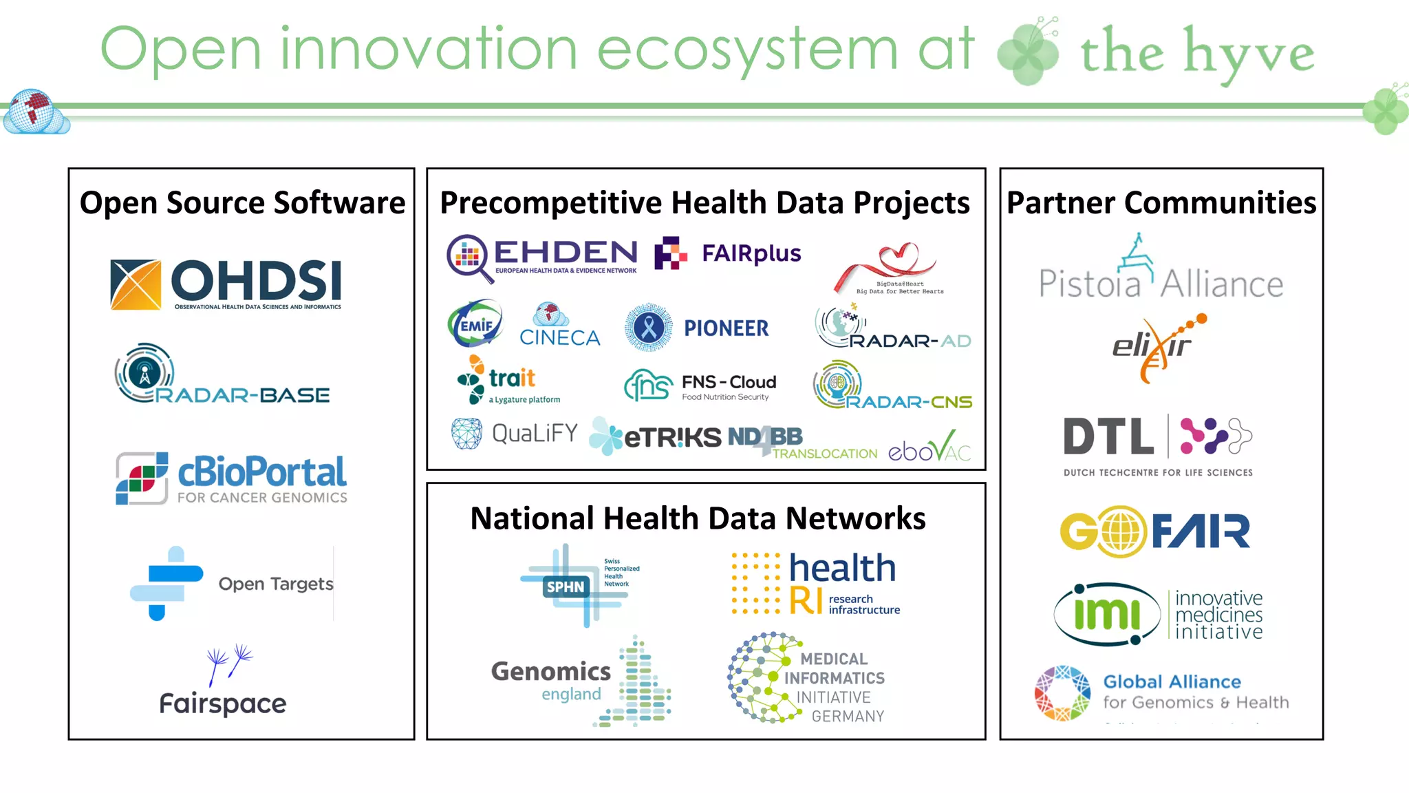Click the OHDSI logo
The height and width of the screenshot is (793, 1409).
point(226,284)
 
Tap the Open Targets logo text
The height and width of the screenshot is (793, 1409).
point(275,584)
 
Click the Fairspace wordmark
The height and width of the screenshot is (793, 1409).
point(222,704)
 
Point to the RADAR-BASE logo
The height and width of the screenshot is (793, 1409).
point(222,375)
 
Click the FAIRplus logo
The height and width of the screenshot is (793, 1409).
point(728,254)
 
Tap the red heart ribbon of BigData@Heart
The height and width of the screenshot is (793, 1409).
point(888,264)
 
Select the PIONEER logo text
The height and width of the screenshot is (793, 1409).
point(726,328)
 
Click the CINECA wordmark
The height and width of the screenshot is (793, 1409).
point(559,337)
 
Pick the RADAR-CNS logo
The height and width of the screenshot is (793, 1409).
point(892,386)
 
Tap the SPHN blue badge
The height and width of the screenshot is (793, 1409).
point(565,586)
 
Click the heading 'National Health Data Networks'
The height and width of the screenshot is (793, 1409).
point(698,518)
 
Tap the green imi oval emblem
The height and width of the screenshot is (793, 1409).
point(1106,614)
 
